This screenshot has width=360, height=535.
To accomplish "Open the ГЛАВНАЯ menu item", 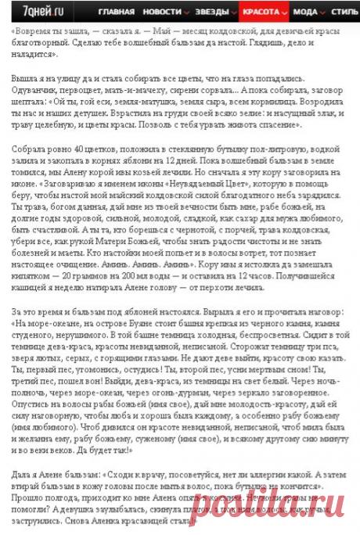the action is tap(117, 12).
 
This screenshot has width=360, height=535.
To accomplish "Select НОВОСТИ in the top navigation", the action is tap(163, 12).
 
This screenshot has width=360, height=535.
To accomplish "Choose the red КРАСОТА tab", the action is tap(261, 12).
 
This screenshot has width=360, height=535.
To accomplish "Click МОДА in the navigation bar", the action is tap(307, 12).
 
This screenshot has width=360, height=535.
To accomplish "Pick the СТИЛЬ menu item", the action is tap(345, 12).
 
